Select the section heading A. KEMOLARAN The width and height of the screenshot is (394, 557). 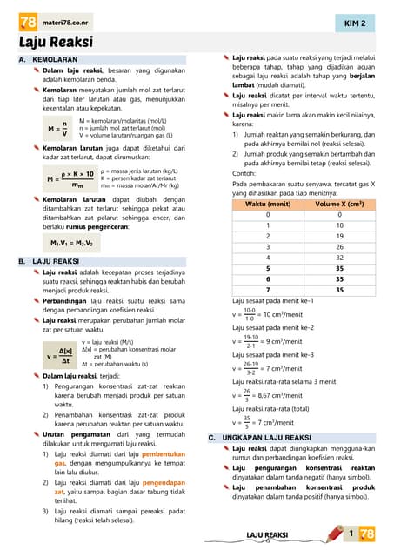pyautogui.click(x=49, y=59)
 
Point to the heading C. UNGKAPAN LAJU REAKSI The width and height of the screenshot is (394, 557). pyautogui.click(x=259, y=437)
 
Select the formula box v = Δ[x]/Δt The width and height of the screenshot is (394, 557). pyautogui.click(x=59, y=355)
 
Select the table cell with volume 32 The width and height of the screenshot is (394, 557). pyautogui.click(x=340, y=258)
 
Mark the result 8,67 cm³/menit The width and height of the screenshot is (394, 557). pyautogui.click(x=281, y=395)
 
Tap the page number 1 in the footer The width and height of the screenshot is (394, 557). pyautogui.click(x=351, y=533)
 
